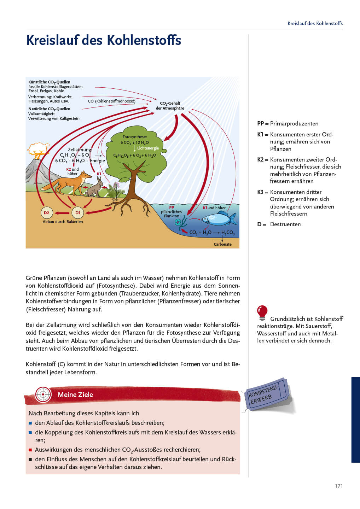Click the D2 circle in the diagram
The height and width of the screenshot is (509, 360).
point(46,213)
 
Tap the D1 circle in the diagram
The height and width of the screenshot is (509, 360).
point(78,213)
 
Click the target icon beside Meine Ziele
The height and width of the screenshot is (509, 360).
point(43,394)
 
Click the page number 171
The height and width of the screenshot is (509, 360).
point(339,486)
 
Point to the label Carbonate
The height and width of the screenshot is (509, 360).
point(222,244)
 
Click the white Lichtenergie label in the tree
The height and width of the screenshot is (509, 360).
point(148,148)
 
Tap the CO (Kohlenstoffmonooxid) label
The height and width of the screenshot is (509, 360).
point(111,101)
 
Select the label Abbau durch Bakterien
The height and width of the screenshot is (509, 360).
point(63,222)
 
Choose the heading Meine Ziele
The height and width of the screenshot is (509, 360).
point(75,394)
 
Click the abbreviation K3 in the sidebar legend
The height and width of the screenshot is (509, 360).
point(260,192)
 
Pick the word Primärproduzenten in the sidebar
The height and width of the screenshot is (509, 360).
point(294,123)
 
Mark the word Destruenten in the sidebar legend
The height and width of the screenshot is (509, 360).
point(285,224)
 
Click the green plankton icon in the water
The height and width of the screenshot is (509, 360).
point(178,222)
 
